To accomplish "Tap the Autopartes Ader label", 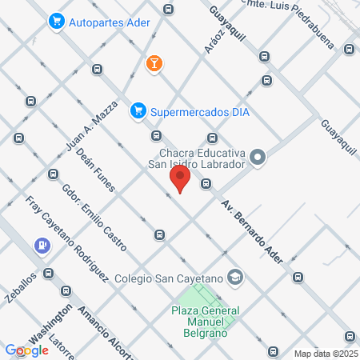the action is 111,22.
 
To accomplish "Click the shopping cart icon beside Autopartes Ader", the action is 56,22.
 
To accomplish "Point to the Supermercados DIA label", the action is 200,112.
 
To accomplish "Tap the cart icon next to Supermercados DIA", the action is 138,111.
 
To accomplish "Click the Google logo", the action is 27,350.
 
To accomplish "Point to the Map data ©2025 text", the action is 326,354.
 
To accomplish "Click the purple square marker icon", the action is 41,246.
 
